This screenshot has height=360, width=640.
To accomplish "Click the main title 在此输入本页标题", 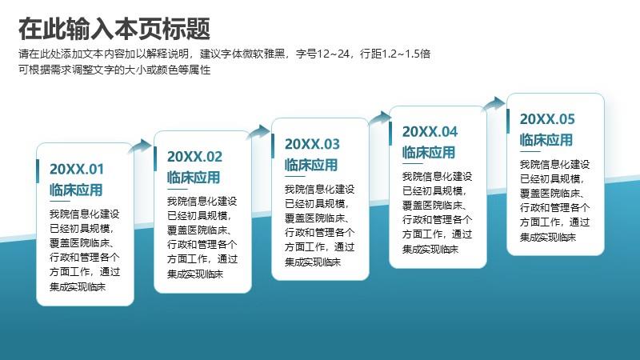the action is (114, 29).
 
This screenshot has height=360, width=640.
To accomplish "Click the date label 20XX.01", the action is (77, 169).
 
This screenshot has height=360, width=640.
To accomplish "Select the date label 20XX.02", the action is (194, 156).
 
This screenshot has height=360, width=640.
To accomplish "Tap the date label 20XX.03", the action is (312, 144).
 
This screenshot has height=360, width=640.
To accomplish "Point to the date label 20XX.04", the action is (430, 132).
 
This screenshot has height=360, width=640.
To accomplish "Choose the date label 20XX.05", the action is (547, 119).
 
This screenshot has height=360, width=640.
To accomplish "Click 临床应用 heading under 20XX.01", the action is (76, 190).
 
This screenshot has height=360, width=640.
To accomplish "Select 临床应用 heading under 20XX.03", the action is (311, 165).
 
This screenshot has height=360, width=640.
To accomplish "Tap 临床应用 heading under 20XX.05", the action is (546, 140).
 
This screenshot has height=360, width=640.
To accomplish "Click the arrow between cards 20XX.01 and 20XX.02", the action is (141, 146).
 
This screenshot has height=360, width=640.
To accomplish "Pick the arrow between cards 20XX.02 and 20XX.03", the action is (258, 132).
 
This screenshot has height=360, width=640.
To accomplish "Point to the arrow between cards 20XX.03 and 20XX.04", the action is (379, 118).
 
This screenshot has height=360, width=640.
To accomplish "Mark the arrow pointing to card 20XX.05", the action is (494, 104).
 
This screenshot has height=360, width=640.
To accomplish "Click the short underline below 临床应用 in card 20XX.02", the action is (177, 189).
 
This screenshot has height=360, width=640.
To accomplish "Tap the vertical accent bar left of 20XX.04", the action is (390, 134).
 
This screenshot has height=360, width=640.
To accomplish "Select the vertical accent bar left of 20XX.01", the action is (38, 171).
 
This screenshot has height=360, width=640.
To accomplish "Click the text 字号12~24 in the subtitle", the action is (322, 54).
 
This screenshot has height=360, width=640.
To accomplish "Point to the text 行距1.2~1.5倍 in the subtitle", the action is (395, 54).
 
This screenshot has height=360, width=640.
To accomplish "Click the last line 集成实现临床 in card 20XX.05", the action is (548, 237).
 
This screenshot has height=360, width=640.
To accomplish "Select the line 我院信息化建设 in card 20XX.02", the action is (202, 202).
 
